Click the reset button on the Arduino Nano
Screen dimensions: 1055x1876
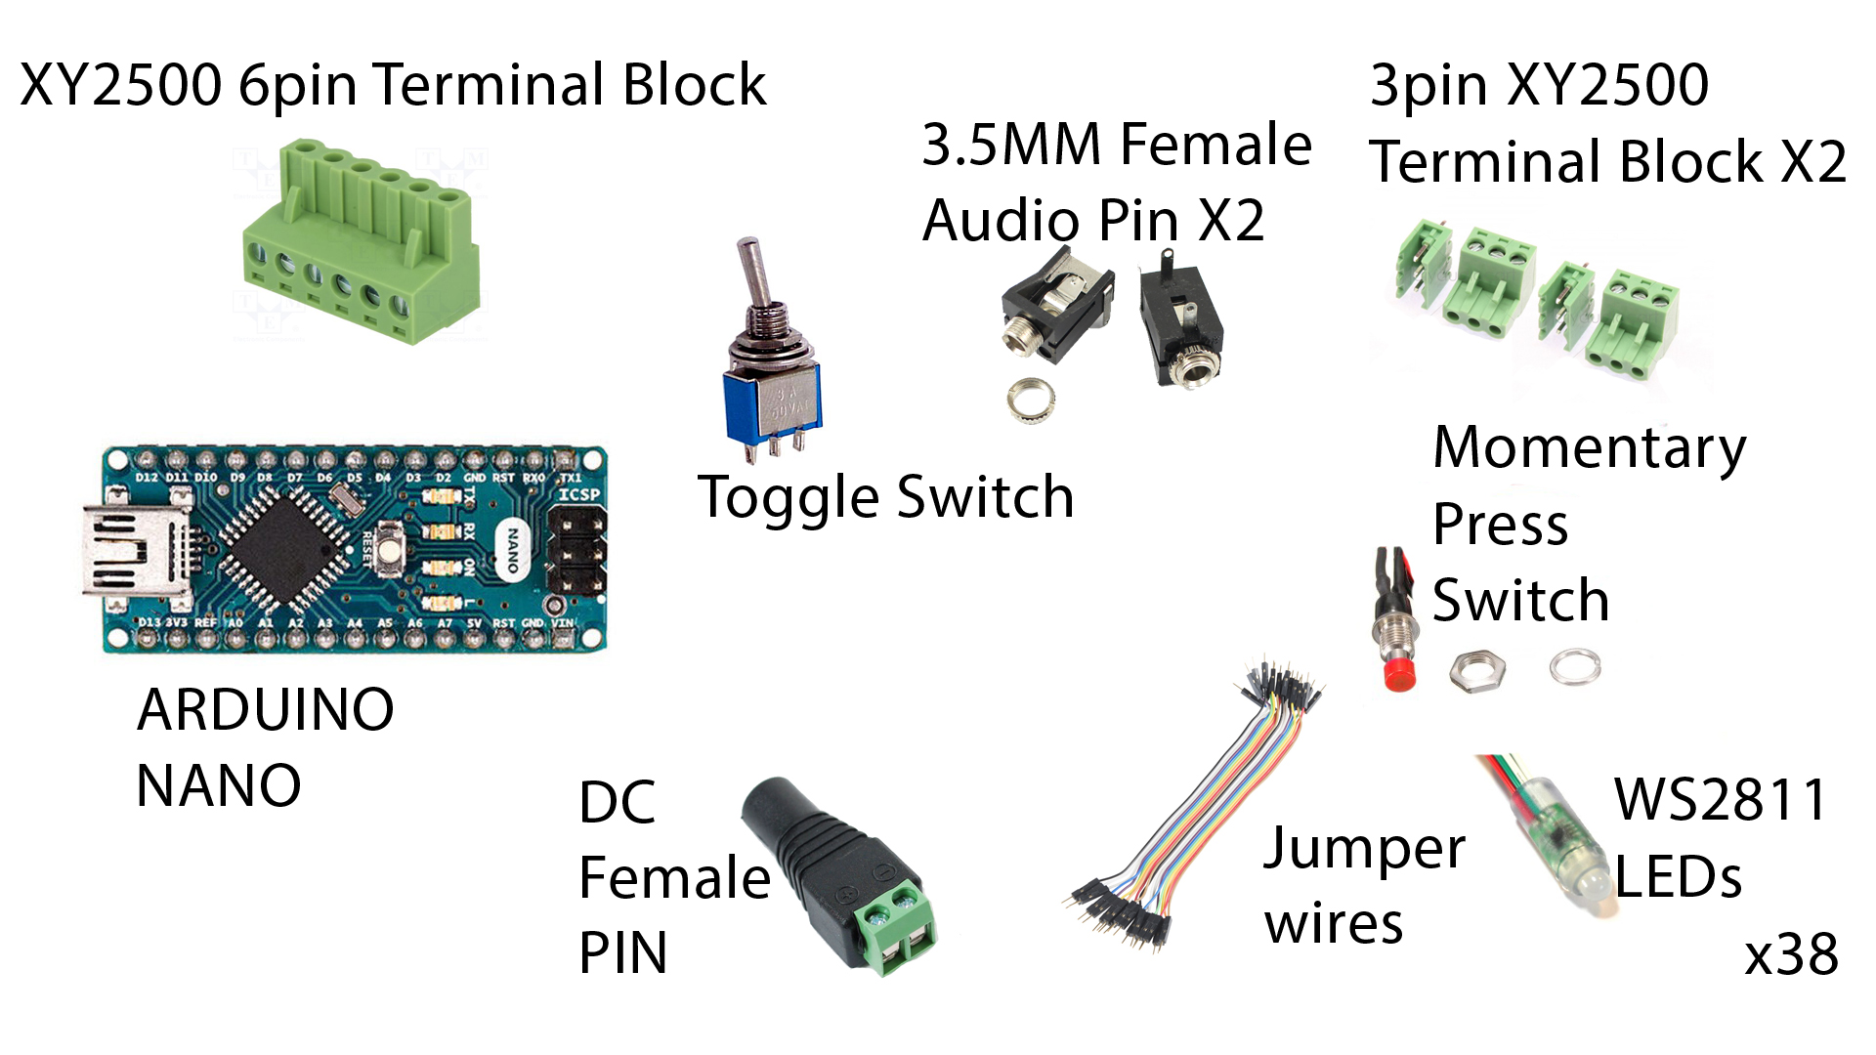(x=390, y=547)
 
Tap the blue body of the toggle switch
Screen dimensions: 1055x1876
(x=772, y=404)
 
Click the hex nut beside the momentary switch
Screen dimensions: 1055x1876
(x=1476, y=671)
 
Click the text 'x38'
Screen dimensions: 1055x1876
(x=1791, y=954)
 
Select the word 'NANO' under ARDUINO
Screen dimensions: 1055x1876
(x=219, y=785)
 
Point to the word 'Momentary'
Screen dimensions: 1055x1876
(x=1589, y=449)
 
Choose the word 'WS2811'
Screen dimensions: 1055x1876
(x=1720, y=800)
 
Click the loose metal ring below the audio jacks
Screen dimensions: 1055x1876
(x=1031, y=399)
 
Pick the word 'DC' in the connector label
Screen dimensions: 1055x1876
(x=617, y=803)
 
